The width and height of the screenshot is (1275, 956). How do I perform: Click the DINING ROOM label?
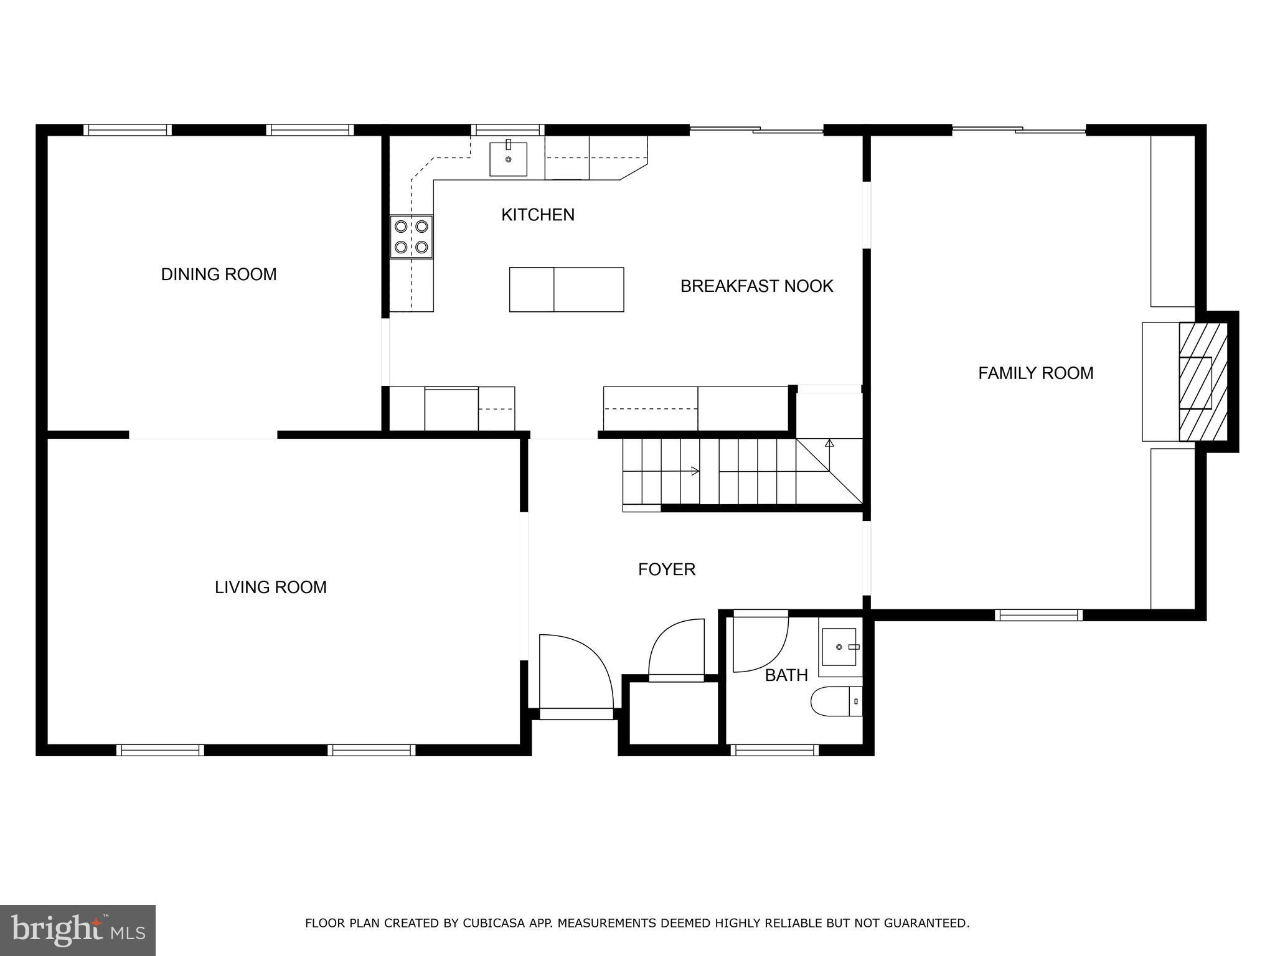point(219,274)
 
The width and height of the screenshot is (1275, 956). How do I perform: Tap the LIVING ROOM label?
point(270,588)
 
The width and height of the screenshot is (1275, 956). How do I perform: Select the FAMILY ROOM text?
point(1035,373)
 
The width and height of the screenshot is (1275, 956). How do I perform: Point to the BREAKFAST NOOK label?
point(756,286)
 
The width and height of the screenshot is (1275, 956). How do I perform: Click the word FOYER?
point(666,569)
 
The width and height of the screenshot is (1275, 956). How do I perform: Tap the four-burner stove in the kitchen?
point(412,237)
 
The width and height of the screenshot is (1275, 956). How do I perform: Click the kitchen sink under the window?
point(508,159)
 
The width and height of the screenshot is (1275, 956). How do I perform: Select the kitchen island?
point(566,289)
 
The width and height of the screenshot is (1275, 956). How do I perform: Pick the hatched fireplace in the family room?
point(1202,382)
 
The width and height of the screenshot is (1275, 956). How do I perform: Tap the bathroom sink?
point(840,647)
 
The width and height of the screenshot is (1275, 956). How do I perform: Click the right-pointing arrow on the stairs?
point(695,471)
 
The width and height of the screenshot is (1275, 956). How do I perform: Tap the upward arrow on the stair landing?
point(829,444)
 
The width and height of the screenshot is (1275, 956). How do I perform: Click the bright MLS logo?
point(78,930)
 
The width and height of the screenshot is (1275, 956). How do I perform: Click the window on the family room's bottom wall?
point(1038,616)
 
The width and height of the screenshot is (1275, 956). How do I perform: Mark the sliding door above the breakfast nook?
point(756,130)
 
